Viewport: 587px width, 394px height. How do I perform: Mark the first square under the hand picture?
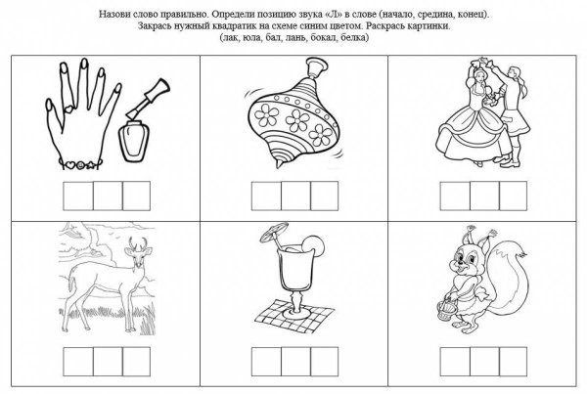tap(77, 195)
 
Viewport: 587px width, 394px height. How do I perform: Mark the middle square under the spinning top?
tap(292, 197)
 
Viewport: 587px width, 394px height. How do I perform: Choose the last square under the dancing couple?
tap(509, 197)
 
